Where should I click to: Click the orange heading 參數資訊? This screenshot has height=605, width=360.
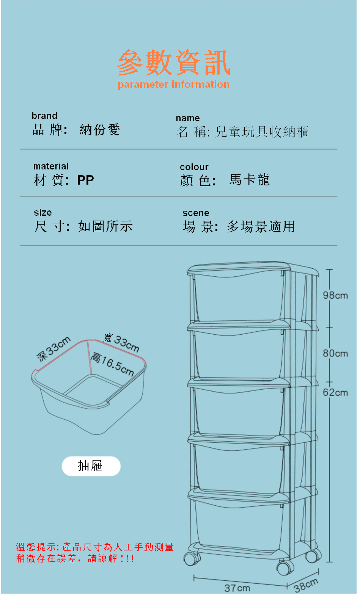tap(174, 63)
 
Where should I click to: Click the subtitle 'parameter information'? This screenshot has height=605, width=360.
tap(173, 85)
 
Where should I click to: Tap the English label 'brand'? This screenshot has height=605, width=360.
tap(44, 116)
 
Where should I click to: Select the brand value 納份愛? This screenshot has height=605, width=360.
tap(100, 130)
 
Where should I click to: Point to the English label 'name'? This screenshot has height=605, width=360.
tap(187, 118)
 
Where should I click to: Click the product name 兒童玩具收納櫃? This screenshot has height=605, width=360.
tap(262, 132)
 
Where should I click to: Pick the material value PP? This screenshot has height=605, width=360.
tap(85, 180)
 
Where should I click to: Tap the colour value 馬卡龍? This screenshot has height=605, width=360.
tap(249, 180)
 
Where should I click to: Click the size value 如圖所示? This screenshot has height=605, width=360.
tap(105, 226)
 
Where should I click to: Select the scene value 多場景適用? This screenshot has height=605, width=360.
tap(261, 227)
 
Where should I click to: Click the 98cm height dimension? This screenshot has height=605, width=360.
tap(335, 296)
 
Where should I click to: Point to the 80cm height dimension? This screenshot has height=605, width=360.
tap(335, 354)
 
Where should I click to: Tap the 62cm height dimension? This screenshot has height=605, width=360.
tap(335, 393)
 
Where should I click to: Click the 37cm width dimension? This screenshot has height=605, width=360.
tap(237, 588)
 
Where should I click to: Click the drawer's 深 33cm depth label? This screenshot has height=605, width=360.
tap(53, 348)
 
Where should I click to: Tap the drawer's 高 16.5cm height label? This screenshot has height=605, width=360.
tap(113, 364)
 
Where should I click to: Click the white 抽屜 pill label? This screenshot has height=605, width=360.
tap(91, 466)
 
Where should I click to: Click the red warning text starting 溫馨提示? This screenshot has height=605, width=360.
tap(95, 553)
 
